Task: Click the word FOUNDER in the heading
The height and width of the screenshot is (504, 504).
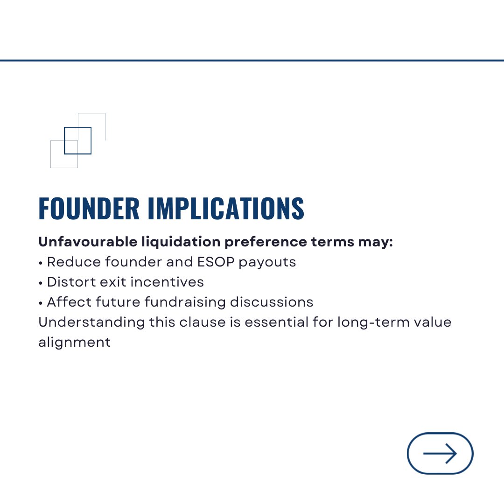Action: pyautogui.click(x=89, y=209)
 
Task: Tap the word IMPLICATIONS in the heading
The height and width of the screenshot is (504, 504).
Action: pyautogui.click(x=226, y=209)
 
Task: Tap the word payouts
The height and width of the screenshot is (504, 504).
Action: pyautogui.click(x=267, y=262)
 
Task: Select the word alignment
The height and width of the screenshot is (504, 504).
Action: pyautogui.click(x=75, y=343)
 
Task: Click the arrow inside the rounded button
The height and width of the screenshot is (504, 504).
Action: pyautogui.click(x=440, y=453)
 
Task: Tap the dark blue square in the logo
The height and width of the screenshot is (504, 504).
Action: pyautogui.click(x=77, y=140)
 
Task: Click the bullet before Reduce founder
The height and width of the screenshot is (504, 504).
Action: pyautogui.click(x=41, y=263)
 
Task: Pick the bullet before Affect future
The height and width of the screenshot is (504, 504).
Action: pyautogui.click(x=41, y=303)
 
